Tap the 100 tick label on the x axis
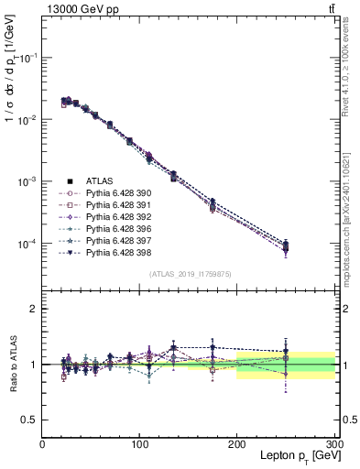[140, 443]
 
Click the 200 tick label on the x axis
[237, 443]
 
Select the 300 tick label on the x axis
[334, 443]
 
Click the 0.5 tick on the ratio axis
[31, 420]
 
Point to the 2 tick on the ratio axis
[35, 309]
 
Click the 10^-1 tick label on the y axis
[27, 57]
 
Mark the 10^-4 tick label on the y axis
[27, 244]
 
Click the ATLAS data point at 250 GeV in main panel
[286, 245]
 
